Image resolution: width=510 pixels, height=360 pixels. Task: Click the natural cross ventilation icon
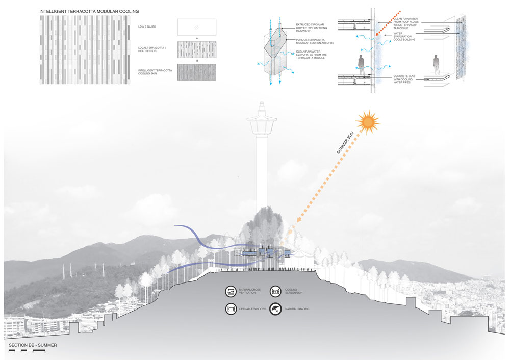tap(230, 291)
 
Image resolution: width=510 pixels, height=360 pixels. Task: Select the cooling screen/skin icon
tap(275, 291)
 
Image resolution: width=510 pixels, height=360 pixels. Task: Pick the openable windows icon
tap(230, 309)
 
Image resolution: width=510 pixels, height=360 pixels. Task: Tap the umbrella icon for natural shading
tap(275, 309)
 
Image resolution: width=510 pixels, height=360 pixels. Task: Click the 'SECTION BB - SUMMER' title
tap(33, 345)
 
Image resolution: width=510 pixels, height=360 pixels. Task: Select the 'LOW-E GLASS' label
tap(148, 27)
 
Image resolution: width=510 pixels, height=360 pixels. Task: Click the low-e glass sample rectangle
tap(196, 27)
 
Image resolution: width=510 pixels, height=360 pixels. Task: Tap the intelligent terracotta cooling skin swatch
tap(196, 72)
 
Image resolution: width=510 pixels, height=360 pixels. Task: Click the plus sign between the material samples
tap(196, 38)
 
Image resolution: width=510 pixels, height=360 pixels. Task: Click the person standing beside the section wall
tap(362, 63)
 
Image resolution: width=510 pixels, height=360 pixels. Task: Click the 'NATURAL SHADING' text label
tap(297, 309)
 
